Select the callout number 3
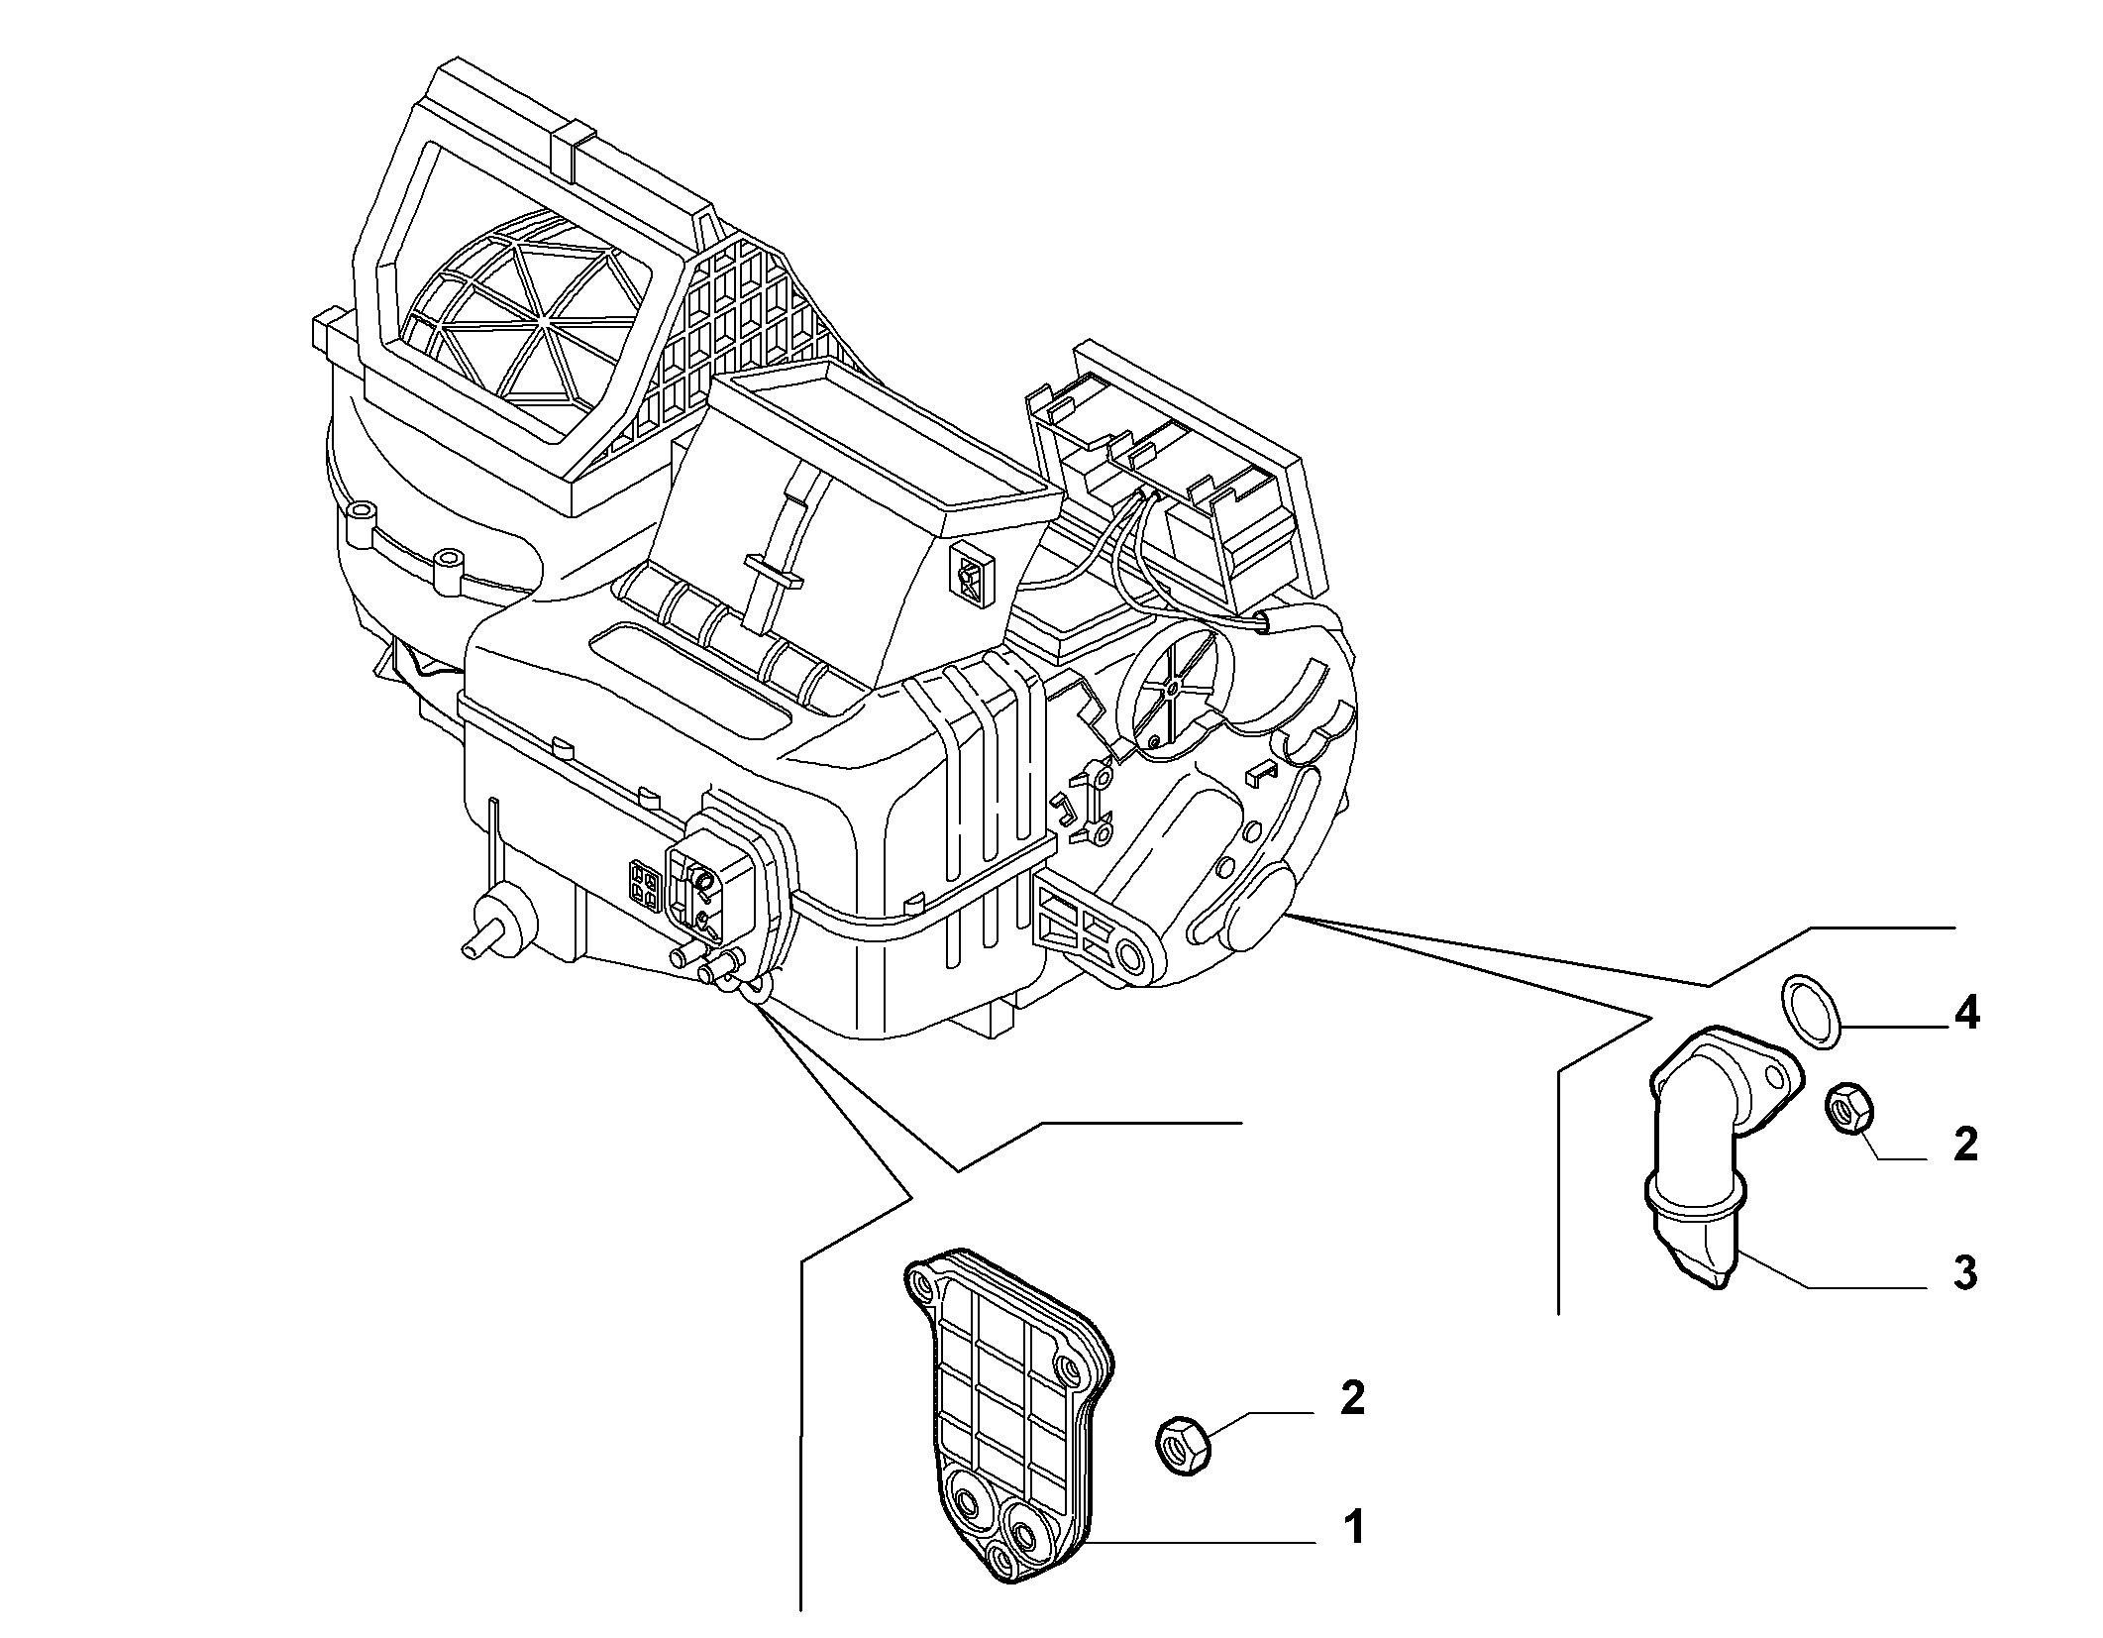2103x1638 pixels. (x=1965, y=1272)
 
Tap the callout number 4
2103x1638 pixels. (x=1965, y=1014)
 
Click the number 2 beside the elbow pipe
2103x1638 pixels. (x=1965, y=1144)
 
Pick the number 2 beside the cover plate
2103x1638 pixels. (x=1352, y=1398)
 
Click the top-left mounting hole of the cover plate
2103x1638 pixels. (x=925, y=1285)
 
